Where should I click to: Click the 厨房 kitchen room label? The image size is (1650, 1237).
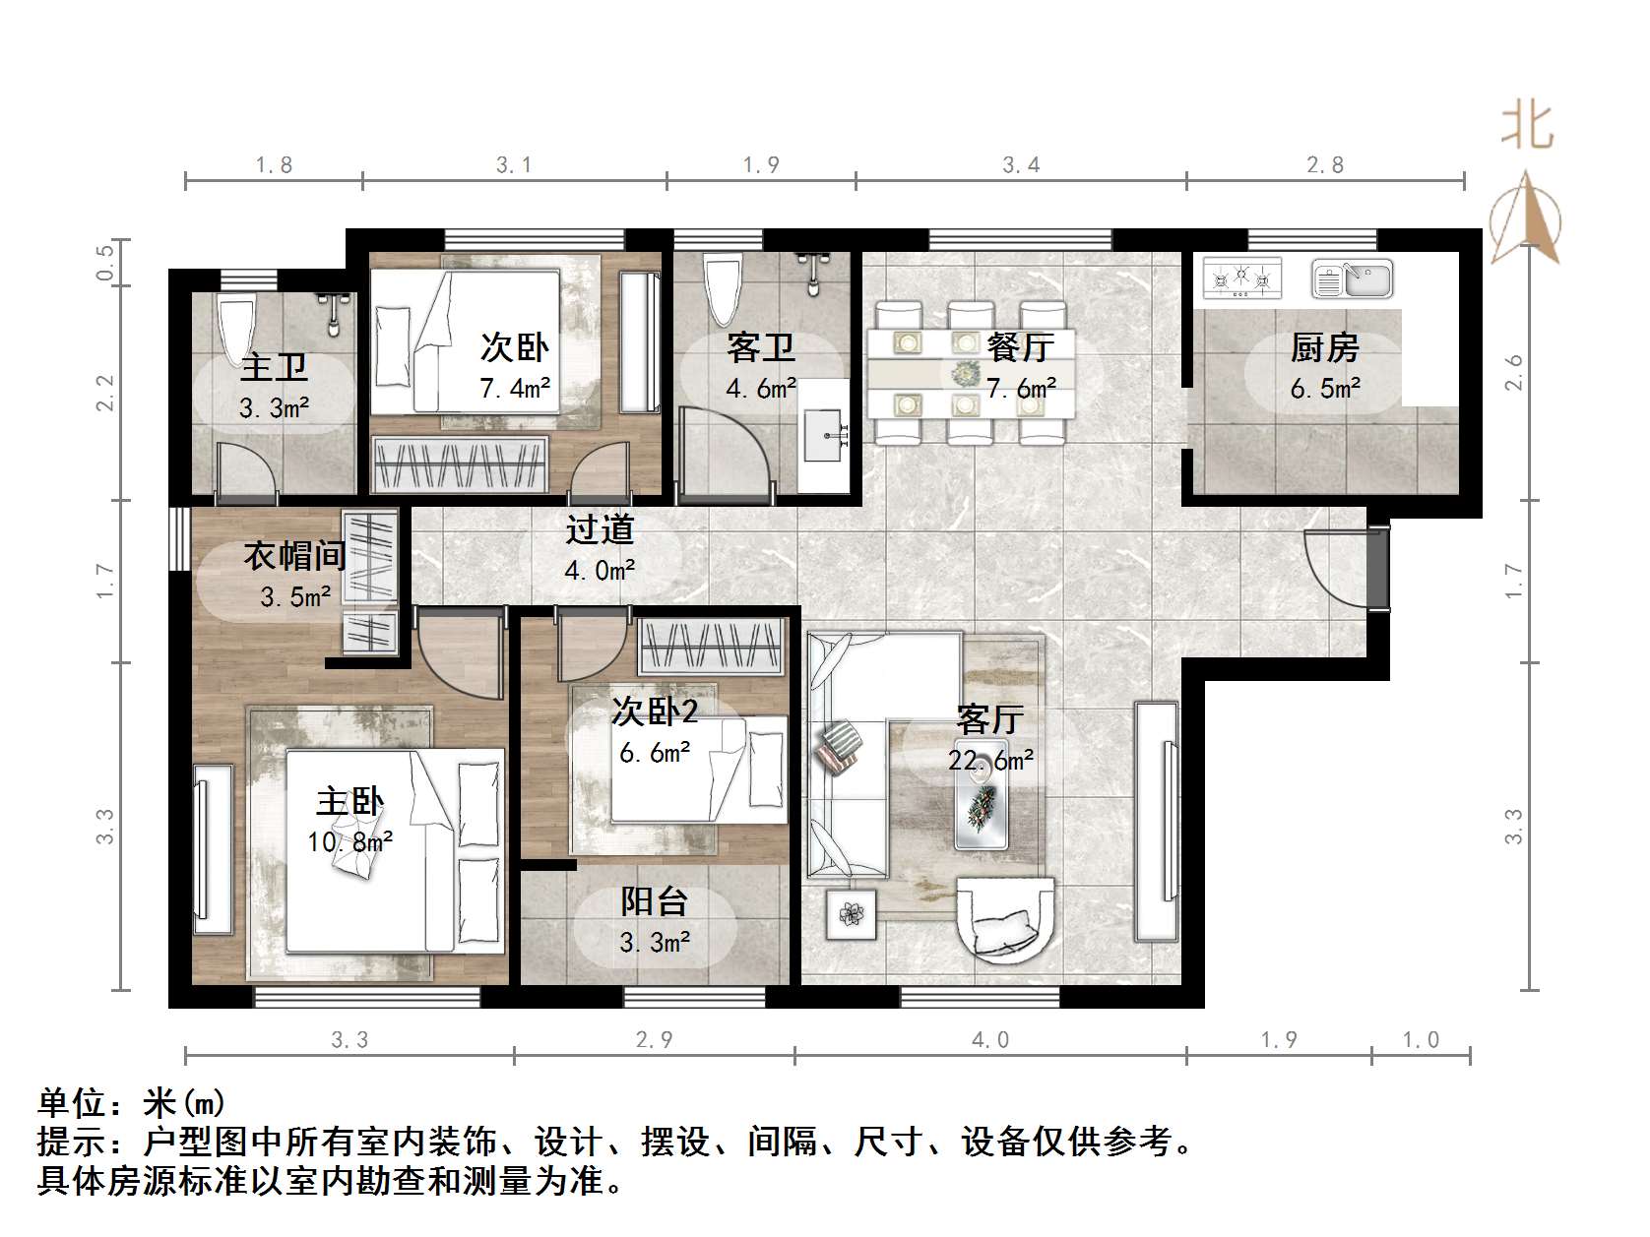[1324, 347]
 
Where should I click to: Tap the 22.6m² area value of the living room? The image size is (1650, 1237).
[990, 761]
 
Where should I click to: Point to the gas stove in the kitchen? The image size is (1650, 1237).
[1241, 278]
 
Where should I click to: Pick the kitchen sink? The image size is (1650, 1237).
[1353, 278]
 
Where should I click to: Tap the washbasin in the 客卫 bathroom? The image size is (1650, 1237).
[825, 436]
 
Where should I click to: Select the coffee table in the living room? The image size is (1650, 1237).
[981, 806]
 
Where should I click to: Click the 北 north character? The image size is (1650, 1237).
[1527, 126]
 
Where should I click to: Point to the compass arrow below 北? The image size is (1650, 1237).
[1526, 217]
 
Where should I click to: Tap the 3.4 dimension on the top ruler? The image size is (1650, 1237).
[1021, 164]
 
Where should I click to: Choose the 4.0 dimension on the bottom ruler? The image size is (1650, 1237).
[990, 1039]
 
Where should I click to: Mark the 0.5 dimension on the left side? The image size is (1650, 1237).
[105, 262]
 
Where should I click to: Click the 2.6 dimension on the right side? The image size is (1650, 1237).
[1513, 373]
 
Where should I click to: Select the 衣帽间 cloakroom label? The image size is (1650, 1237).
[294, 556]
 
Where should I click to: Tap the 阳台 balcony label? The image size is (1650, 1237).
[654, 901]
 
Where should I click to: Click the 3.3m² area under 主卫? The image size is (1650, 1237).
[275, 407]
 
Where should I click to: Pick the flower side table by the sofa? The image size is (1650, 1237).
[851, 914]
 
